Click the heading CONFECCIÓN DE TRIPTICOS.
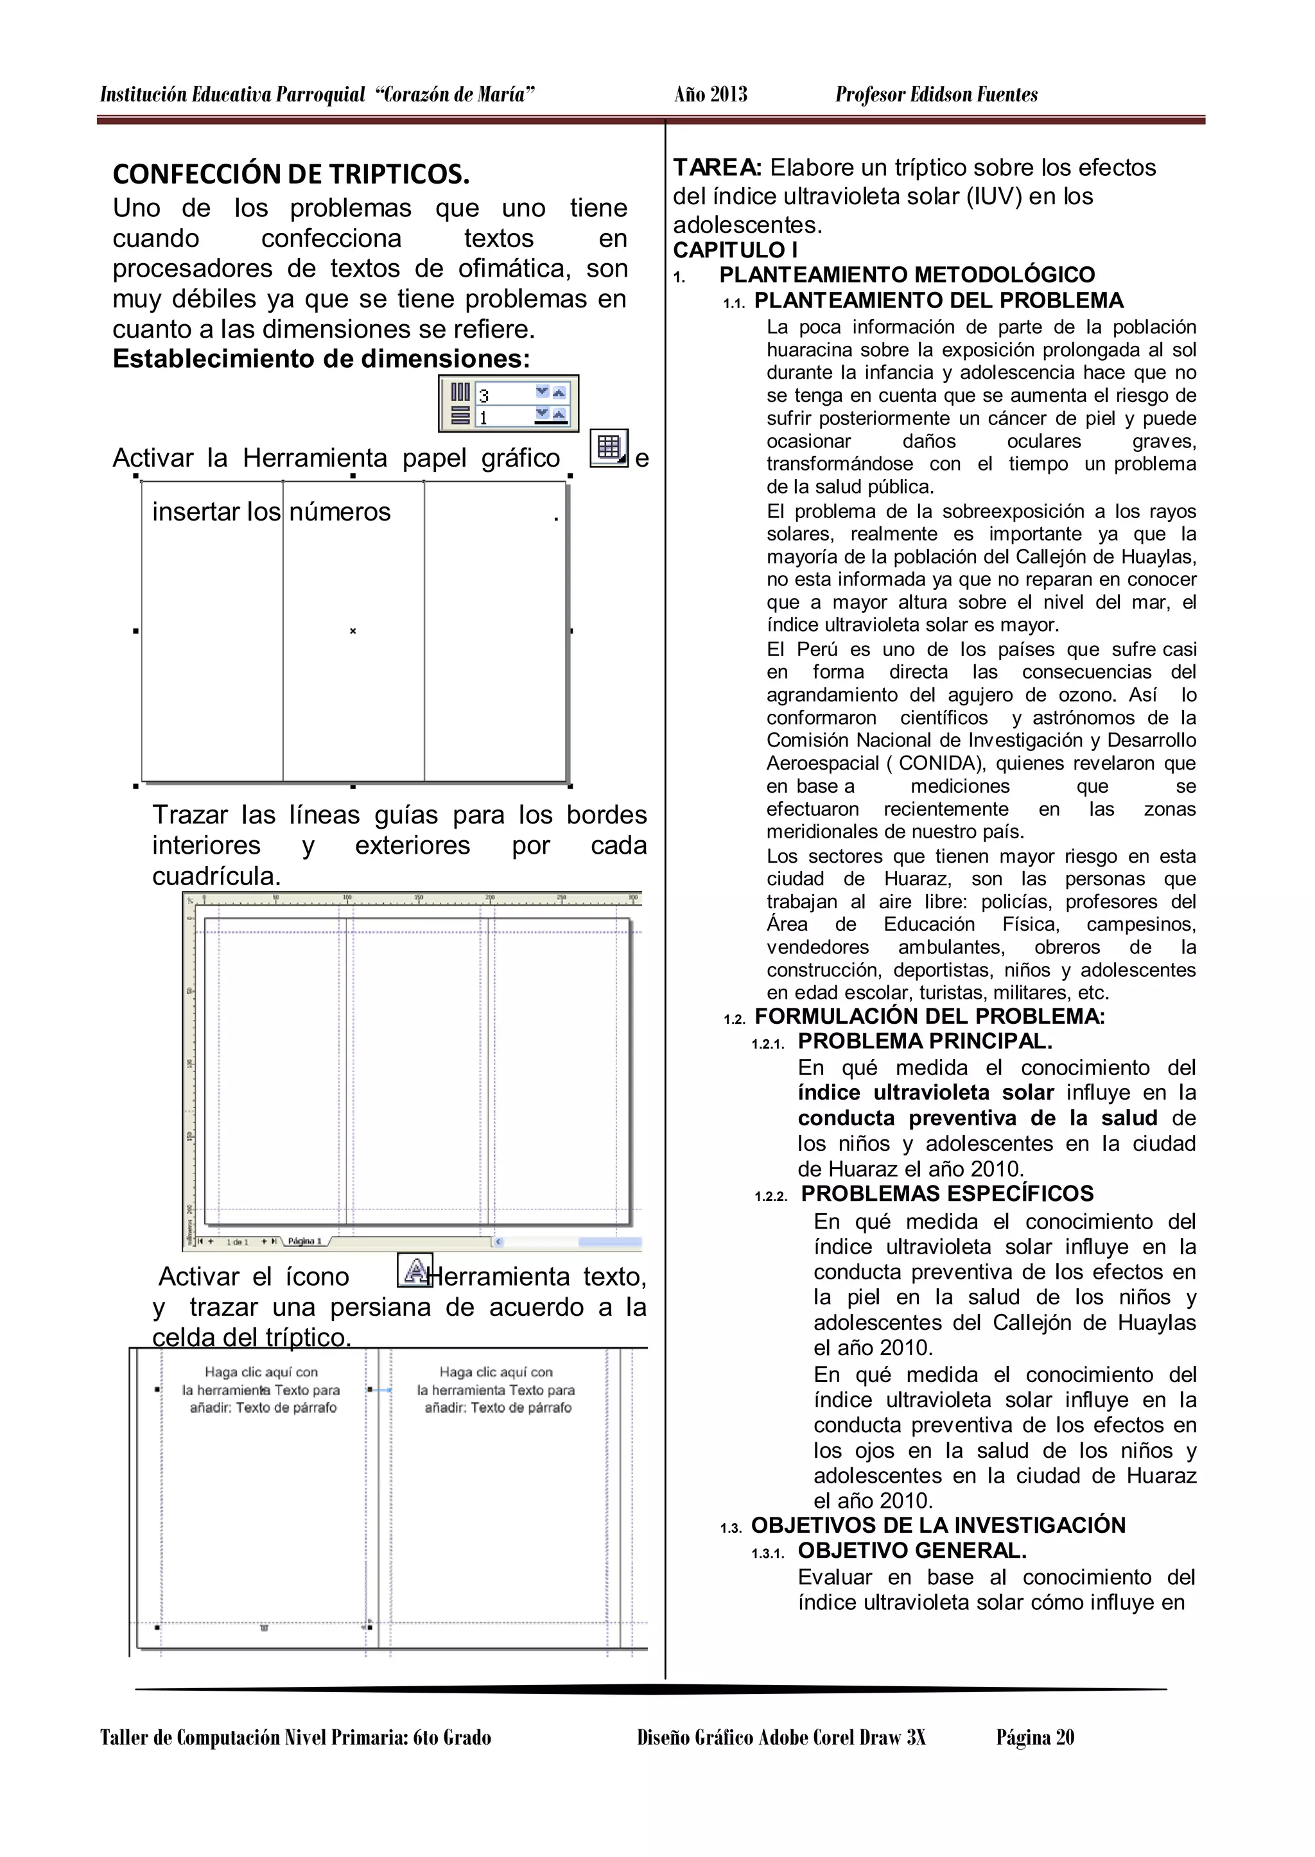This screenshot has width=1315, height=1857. click(291, 174)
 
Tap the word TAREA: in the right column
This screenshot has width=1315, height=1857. click(717, 168)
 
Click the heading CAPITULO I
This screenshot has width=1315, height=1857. click(735, 250)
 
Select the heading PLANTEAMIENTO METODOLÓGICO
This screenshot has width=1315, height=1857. click(907, 275)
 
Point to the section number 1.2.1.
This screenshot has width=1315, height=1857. click(769, 1045)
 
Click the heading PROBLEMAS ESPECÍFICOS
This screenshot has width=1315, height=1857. click(946, 1194)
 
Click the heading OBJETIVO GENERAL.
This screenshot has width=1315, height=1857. click(912, 1551)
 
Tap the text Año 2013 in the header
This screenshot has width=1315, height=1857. click(710, 95)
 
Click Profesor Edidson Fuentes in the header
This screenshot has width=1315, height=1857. click(936, 95)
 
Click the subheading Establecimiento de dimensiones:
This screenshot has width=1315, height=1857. click(320, 359)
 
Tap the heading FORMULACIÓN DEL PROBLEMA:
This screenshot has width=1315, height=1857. click(930, 1017)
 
